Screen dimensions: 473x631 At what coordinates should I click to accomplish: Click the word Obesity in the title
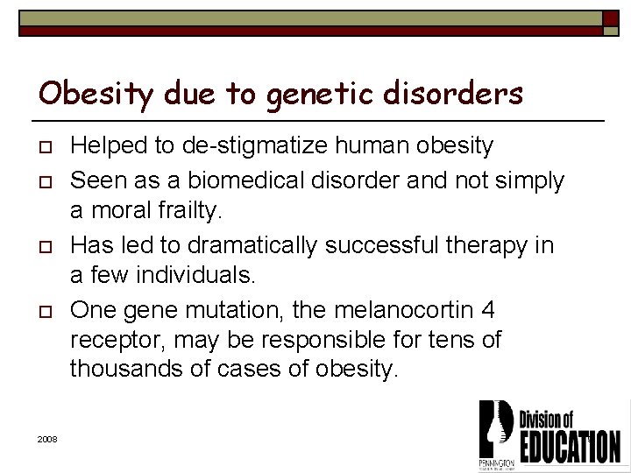tap(84, 93)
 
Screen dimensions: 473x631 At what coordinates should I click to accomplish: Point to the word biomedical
tap(234, 180)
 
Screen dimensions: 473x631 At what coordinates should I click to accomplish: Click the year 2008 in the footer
tap(47, 438)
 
